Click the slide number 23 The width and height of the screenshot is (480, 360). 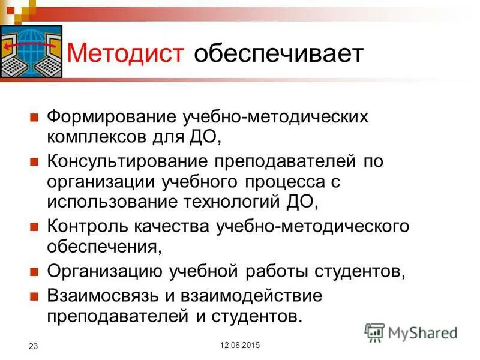34,346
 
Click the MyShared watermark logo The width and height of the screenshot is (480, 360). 412,332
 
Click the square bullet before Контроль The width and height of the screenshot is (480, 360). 34,226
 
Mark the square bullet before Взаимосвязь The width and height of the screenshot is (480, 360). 34,296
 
